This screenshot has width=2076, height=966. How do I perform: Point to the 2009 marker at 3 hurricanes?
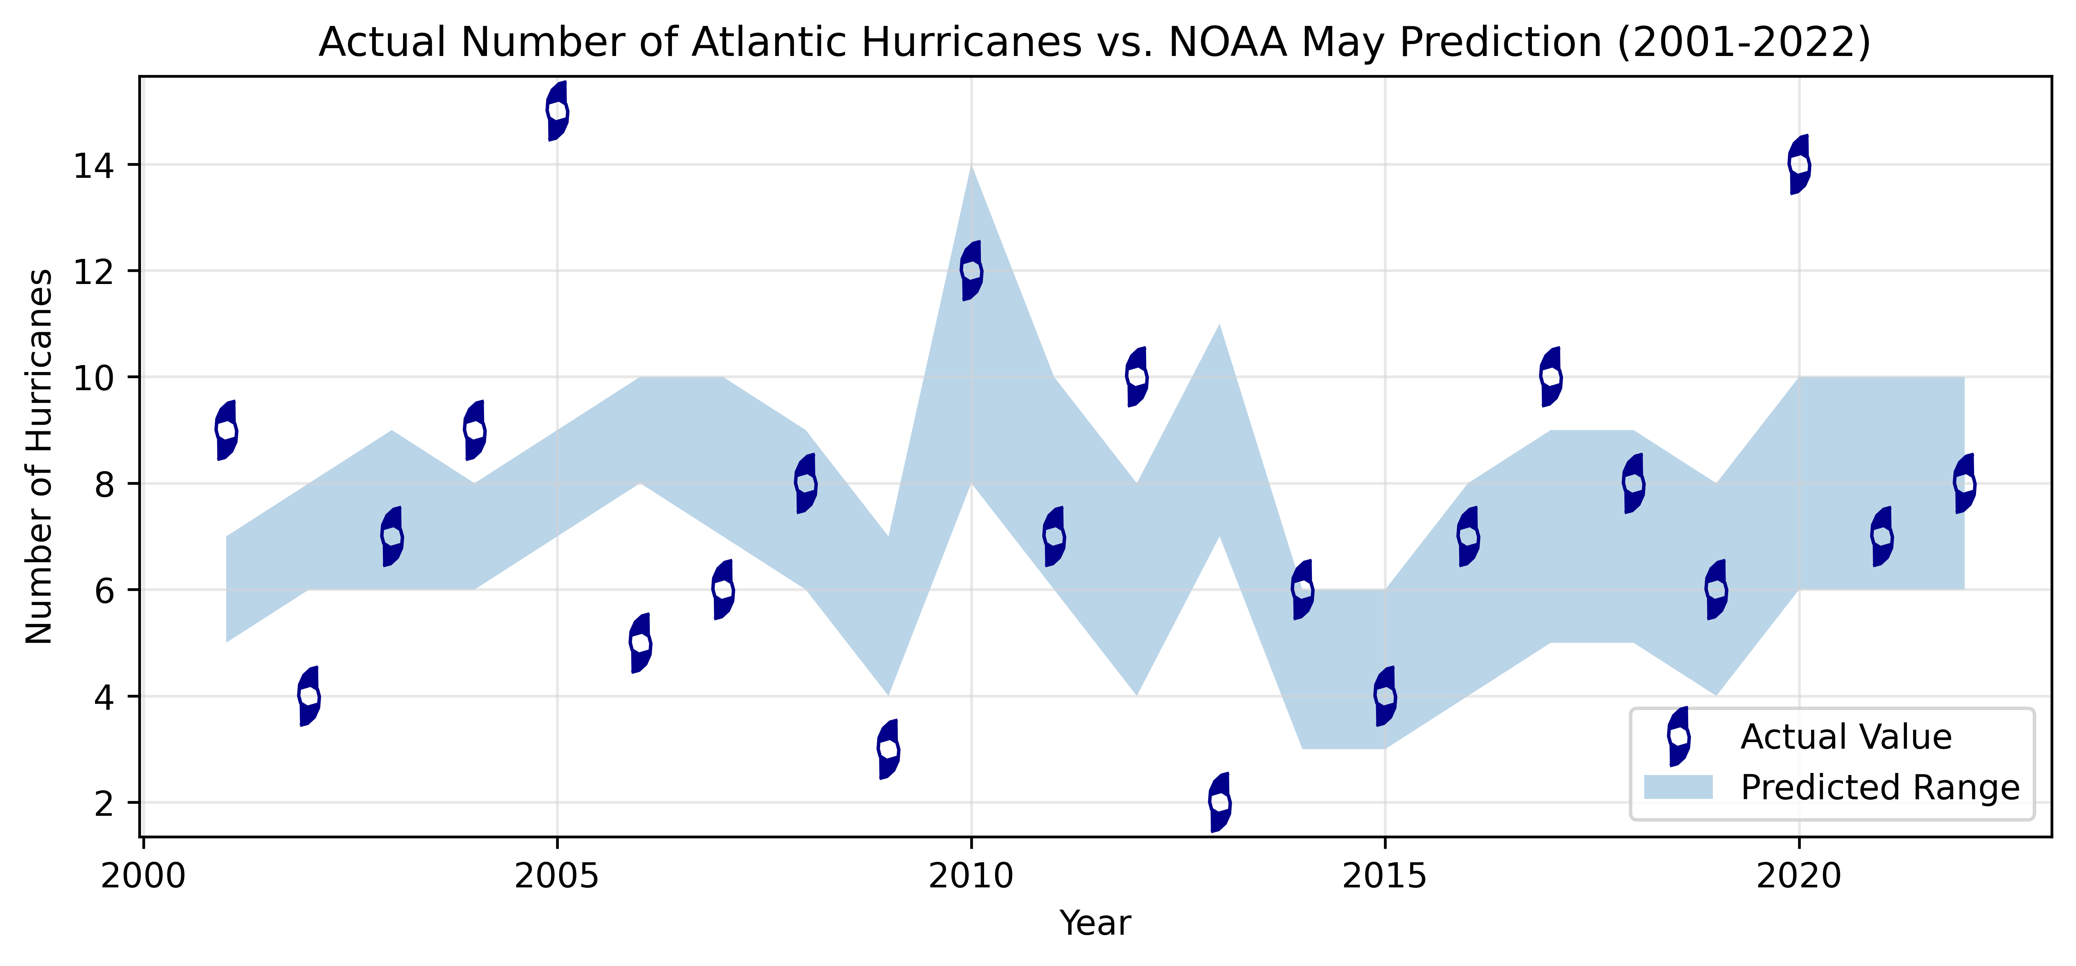coord(888,749)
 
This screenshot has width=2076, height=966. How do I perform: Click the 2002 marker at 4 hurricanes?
coord(309,696)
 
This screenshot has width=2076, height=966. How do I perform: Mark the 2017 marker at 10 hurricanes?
coord(1550,377)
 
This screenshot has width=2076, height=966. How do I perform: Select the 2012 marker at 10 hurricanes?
coord(1136,377)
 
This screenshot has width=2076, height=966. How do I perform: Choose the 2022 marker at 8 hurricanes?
coord(1965,483)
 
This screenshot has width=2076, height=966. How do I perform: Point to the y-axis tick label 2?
coord(105,803)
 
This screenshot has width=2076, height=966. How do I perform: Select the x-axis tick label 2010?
coord(971,876)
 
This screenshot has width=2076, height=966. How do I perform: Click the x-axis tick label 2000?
coord(144,876)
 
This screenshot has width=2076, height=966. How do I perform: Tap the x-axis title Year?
coord(1095,923)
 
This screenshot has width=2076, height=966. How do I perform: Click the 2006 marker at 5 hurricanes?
coord(640,642)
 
